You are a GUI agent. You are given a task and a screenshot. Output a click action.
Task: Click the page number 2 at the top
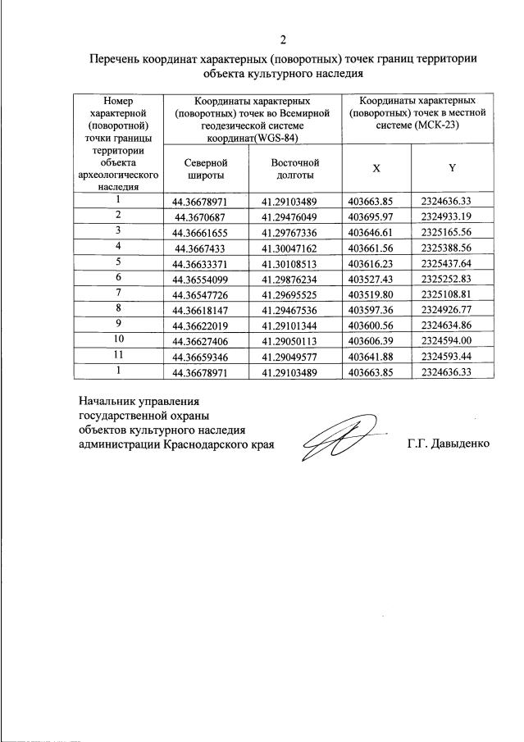coord(284,39)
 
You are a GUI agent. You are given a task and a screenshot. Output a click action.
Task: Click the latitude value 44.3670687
coord(204,216)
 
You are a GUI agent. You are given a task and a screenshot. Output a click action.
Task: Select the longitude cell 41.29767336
coord(294,231)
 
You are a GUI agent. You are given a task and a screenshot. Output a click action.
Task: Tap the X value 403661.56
coord(371,246)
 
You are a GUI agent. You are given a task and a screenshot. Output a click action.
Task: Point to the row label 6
coord(119,276)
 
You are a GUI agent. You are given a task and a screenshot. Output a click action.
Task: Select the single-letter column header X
coord(376,167)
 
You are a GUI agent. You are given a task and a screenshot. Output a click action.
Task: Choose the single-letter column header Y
coord(452,167)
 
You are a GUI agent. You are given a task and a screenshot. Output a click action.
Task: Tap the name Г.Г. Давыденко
coord(448,444)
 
